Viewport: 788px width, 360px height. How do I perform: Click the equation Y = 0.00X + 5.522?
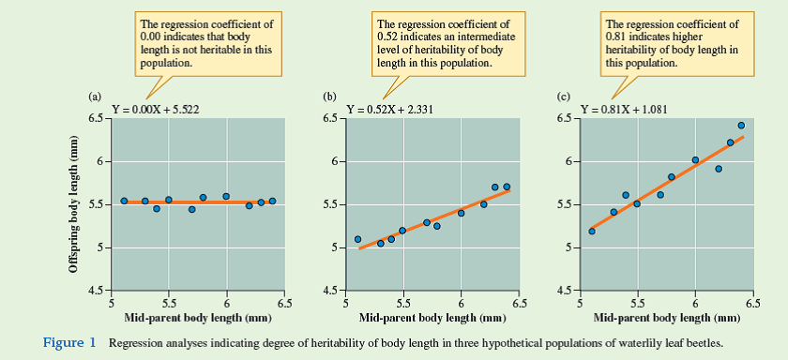[156, 110]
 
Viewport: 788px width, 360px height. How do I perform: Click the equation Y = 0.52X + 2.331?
[388, 110]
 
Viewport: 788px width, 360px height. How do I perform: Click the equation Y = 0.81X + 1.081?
[624, 110]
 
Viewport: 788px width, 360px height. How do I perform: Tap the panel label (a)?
[95, 97]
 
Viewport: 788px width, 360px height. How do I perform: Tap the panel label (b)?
[329, 97]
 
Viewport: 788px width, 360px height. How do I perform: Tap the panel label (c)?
[564, 97]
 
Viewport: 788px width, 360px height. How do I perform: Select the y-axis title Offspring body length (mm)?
[74, 204]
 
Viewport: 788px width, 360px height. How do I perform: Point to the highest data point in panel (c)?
[741, 126]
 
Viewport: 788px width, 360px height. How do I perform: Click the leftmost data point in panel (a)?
[124, 201]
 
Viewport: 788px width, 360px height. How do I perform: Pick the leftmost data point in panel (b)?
[357, 239]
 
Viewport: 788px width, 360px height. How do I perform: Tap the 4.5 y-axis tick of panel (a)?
[98, 291]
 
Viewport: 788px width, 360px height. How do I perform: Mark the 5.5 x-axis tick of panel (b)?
[403, 303]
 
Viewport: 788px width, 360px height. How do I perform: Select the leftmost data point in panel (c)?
[592, 231]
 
